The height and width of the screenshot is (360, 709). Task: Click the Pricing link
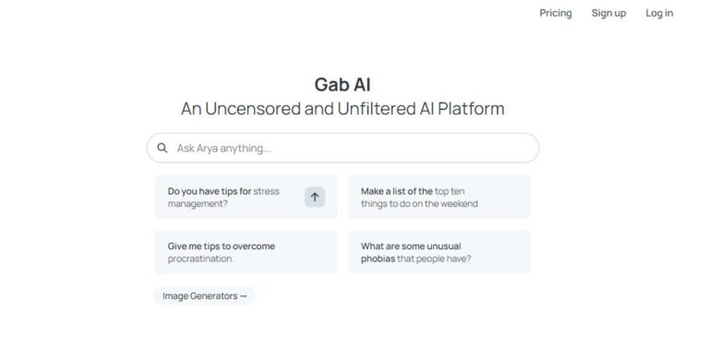pyautogui.click(x=556, y=13)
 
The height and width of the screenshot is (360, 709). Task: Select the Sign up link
pyautogui.click(x=608, y=13)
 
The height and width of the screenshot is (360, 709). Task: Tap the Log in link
pyautogui.click(x=659, y=13)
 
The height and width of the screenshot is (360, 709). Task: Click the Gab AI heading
pyautogui.click(x=342, y=85)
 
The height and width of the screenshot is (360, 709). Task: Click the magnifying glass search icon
pyautogui.click(x=162, y=148)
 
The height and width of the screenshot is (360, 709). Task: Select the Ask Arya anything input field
pyautogui.click(x=351, y=148)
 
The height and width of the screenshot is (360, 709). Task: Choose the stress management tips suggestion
pyautogui.click(x=231, y=197)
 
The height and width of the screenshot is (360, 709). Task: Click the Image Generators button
pyautogui.click(x=205, y=295)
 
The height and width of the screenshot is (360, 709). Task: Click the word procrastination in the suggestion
pyautogui.click(x=200, y=258)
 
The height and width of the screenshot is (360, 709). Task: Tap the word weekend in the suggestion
pyautogui.click(x=458, y=203)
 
